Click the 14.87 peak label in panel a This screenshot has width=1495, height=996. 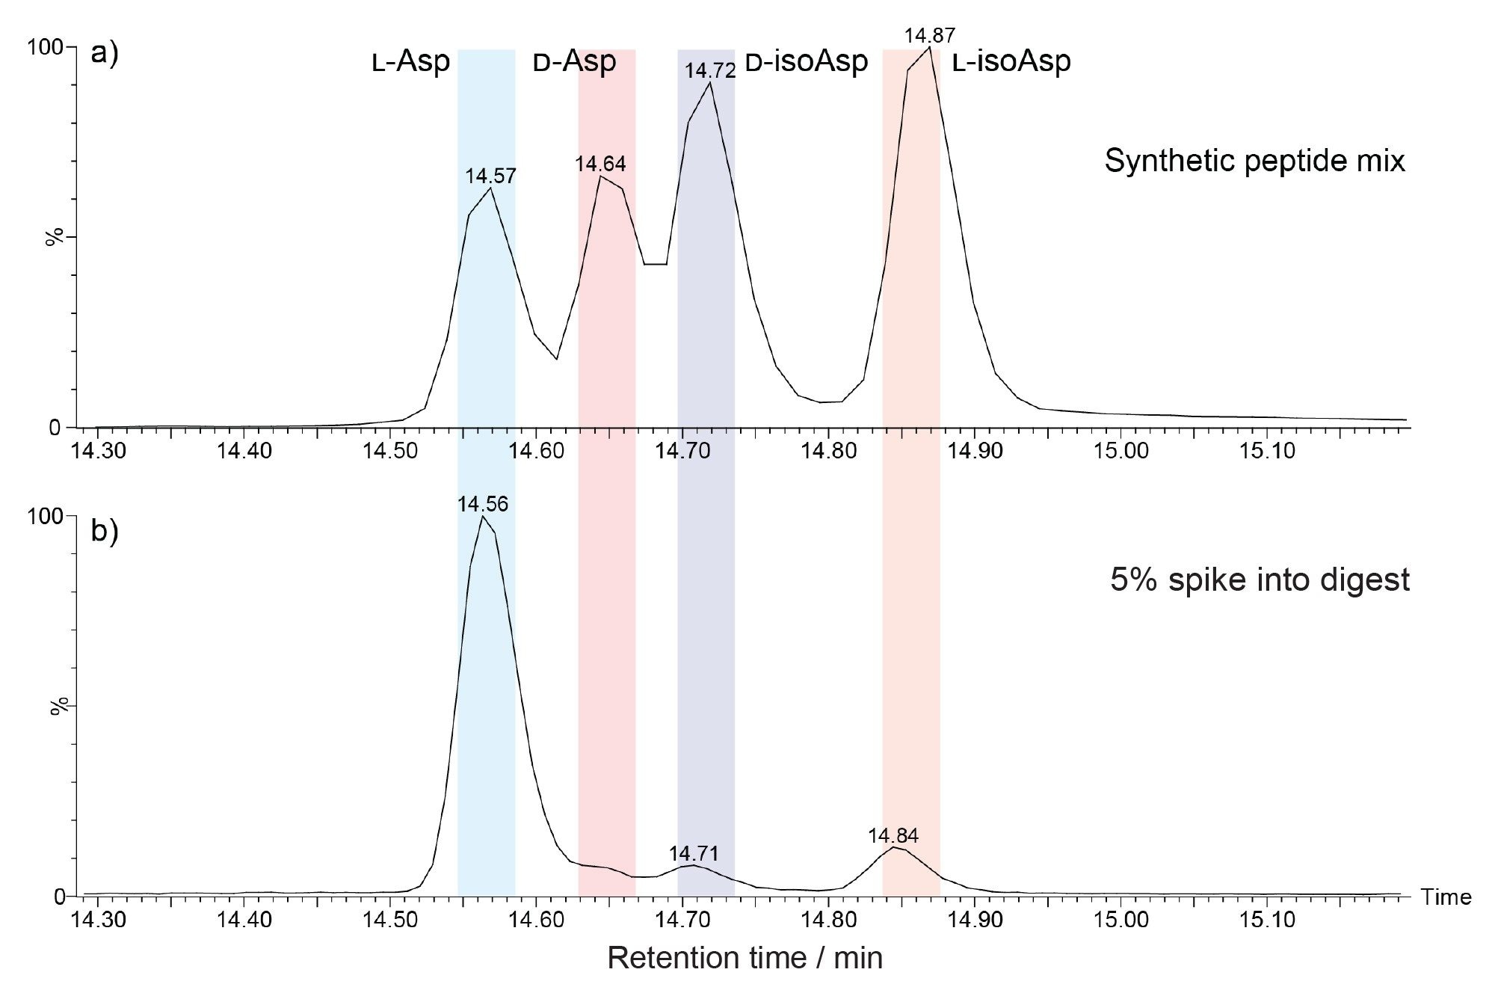coord(929,36)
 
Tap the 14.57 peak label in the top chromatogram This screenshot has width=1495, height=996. coord(490,176)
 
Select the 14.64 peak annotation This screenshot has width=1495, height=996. coord(600,164)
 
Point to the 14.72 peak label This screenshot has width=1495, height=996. coord(710,71)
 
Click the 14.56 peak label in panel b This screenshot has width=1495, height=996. coord(483,505)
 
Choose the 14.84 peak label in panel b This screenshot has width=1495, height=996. coord(893,836)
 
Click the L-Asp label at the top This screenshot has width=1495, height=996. coord(411,62)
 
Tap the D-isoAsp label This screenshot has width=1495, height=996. coord(807,62)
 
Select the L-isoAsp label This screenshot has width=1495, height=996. coord(1011,62)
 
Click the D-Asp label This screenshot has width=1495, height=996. coord(574,62)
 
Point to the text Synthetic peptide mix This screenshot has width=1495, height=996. coord(1254,161)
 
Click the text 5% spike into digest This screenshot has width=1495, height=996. coord(1260,580)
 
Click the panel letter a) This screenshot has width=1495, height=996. coord(105,55)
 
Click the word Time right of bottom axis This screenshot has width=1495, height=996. coord(1446,897)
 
